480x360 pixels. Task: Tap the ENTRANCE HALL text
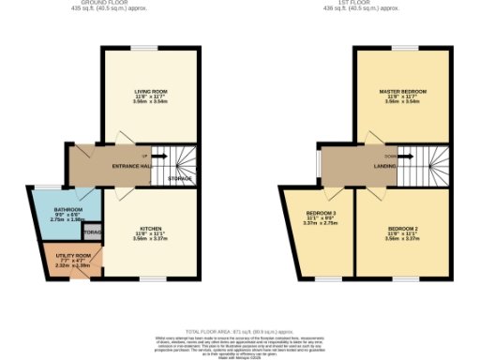(132, 166)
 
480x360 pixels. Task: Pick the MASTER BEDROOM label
(402, 91)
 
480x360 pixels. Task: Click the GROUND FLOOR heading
(104, 3)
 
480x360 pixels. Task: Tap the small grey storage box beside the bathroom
(92, 231)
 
